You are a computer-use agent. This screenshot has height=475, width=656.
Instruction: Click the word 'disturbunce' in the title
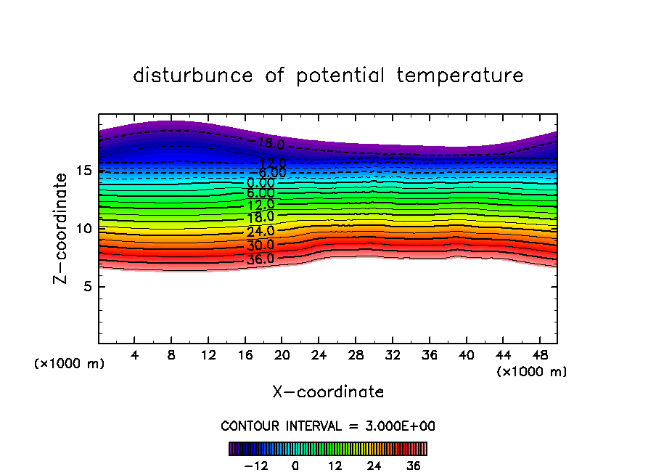(193, 76)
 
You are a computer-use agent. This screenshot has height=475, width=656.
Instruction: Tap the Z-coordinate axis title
(62, 228)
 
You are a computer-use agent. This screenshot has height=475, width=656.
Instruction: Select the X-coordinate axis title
(328, 392)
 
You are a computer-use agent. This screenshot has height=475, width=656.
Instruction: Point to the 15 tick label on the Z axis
(83, 171)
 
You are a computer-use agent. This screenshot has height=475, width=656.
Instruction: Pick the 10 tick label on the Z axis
(83, 228)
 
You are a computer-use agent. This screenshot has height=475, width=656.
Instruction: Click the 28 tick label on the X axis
(356, 355)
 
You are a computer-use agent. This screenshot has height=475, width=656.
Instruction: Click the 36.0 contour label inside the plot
(261, 259)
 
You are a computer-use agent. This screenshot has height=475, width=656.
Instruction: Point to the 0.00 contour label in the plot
(261, 183)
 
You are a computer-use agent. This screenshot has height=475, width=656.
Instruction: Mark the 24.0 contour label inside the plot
(261, 232)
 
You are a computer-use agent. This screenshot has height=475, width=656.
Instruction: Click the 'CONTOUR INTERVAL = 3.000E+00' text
(328, 426)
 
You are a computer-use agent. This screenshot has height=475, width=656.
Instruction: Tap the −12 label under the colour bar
(255, 466)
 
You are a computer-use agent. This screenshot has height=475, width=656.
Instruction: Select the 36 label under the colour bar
(413, 466)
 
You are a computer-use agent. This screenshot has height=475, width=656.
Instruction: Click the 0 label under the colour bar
(295, 466)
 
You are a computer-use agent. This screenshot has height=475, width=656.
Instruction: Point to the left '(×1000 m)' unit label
(70, 364)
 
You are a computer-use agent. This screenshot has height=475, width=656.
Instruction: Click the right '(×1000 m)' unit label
(532, 372)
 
